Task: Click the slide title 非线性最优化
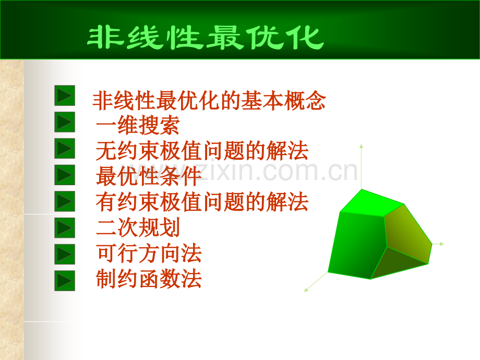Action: [205, 38]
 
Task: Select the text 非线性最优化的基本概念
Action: [209, 101]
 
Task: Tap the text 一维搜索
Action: [138, 126]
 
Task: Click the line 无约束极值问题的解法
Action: [202, 151]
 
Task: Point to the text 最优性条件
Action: [149, 177]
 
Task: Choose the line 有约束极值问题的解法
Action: [202, 202]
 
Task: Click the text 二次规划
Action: [138, 228]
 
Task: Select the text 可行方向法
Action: [149, 254]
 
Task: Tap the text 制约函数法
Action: [149, 280]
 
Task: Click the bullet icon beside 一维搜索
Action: [65, 122]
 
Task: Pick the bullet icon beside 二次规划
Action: [65, 227]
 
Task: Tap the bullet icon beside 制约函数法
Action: [65, 281]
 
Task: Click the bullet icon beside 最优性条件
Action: [65, 175]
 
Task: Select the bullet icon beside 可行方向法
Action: [65, 254]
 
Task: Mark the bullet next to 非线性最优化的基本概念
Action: [65, 95]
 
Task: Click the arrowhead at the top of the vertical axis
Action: [361, 146]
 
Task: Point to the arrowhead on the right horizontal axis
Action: [441, 244]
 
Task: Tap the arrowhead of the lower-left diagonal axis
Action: [306, 290]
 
